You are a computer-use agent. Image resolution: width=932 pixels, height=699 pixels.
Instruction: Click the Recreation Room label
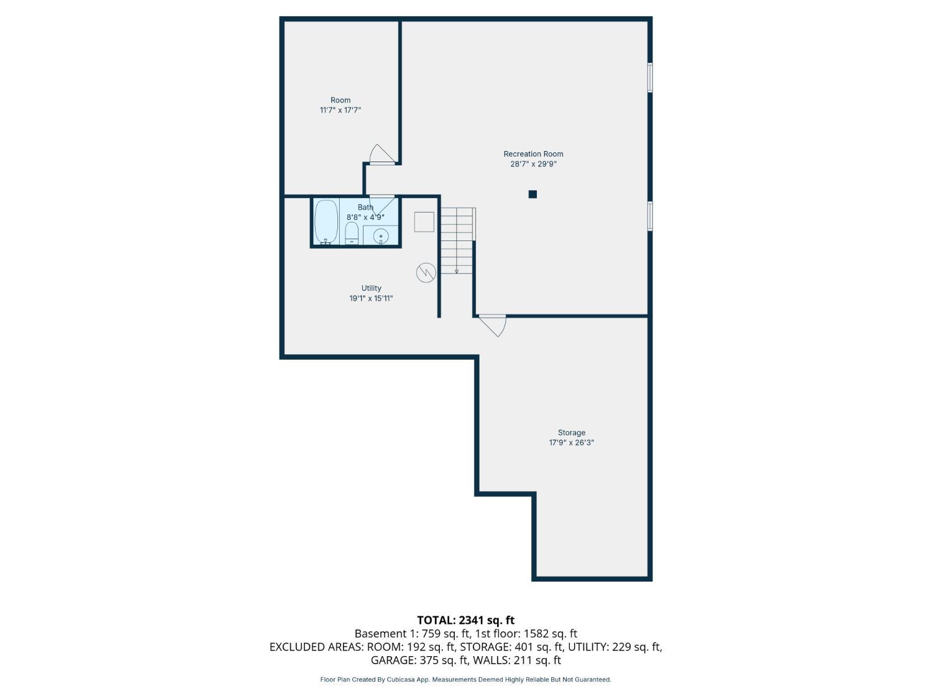pyautogui.click(x=533, y=153)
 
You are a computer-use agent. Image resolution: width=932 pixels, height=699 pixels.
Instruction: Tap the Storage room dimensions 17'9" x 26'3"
pyautogui.click(x=571, y=442)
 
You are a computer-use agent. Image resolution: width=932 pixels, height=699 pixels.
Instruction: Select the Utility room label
pyautogui.click(x=371, y=288)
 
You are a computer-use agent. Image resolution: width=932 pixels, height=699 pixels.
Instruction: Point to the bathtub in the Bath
pyautogui.click(x=326, y=222)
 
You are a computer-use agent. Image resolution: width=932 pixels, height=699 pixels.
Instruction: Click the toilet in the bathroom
pyautogui.click(x=351, y=234)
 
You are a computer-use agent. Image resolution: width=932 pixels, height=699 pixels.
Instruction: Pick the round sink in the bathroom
pyautogui.click(x=381, y=236)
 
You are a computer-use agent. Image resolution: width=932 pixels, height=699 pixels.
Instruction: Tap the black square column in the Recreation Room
pyautogui.click(x=532, y=194)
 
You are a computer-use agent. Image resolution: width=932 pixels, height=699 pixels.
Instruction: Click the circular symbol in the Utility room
pyautogui.click(x=426, y=273)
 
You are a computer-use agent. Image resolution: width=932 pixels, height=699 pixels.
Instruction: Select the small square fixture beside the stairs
pyautogui.click(x=424, y=222)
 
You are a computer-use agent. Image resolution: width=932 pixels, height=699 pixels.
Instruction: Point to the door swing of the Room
pyautogui.click(x=381, y=153)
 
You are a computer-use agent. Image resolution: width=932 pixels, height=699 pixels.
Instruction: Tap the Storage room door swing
pyautogui.click(x=493, y=326)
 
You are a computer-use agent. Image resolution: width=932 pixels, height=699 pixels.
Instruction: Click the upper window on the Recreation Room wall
pyautogui.click(x=650, y=77)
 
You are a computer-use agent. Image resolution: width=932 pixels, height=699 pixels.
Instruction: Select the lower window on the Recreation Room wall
pyautogui.click(x=650, y=216)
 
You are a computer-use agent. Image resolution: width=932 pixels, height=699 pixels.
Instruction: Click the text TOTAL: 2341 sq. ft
pyautogui.click(x=466, y=620)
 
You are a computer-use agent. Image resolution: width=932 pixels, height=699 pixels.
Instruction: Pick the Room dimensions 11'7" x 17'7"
pyautogui.click(x=340, y=110)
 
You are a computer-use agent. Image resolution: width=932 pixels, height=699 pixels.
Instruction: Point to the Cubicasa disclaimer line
pyautogui.click(x=466, y=680)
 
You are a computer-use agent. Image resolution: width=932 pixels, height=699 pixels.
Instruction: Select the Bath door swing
pyautogui.click(x=381, y=205)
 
